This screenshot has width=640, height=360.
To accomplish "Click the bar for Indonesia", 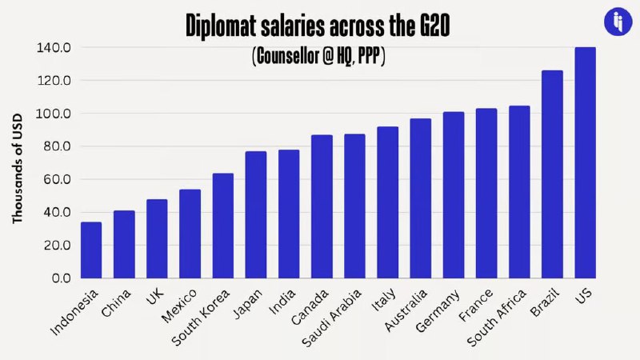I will click(x=91, y=250).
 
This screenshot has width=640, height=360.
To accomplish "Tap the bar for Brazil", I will click(x=552, y=174).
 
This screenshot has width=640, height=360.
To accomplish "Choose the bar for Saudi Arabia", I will click(x=354, y=206).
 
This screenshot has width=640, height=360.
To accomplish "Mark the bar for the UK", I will click(x=157, y=238).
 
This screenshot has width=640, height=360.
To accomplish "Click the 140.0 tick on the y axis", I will click(x=54, y=47).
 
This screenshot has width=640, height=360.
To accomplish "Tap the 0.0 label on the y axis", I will click(x=60, y=278).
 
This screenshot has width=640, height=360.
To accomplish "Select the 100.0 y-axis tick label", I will click(x=54, y=114).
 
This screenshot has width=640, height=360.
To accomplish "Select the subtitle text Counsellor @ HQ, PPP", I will click(x=319, y=58).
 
